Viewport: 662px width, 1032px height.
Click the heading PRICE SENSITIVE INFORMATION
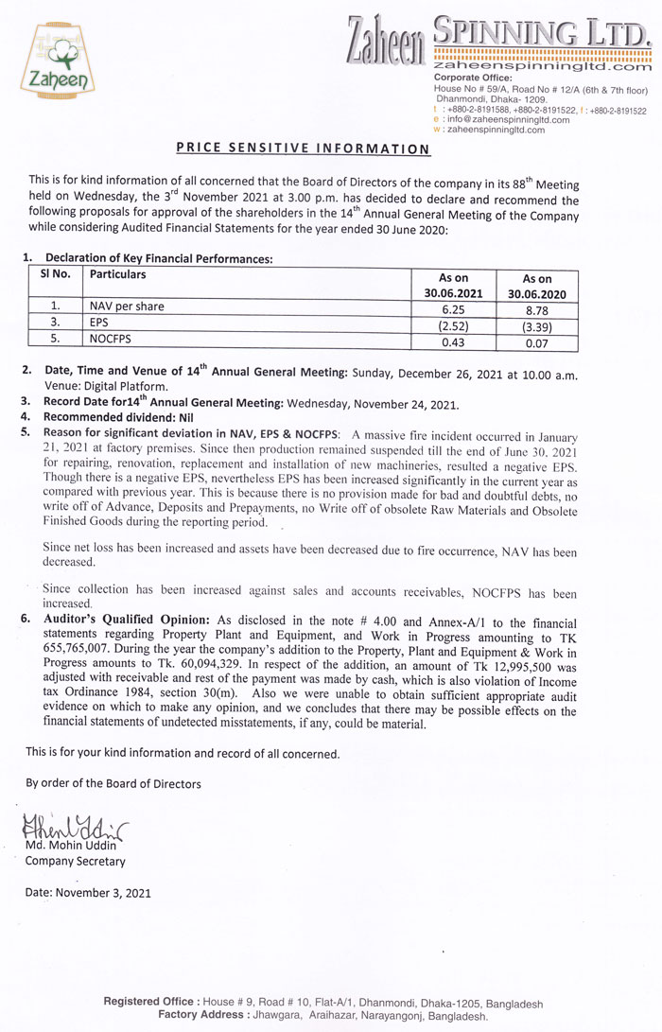(x=304, y=149)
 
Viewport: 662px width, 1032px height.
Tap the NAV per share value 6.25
(x=453, y=307)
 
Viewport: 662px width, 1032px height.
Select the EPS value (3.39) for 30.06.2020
(x=536, y=326)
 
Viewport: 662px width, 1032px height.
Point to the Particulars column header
(x=118, y=274)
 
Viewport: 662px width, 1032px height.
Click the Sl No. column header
(x=55, y=274)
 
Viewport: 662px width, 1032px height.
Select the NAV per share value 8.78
(x=536, y=307)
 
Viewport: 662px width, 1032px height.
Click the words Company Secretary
(x=75, y=861)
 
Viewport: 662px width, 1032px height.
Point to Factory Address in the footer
(x=201, y=1015)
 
